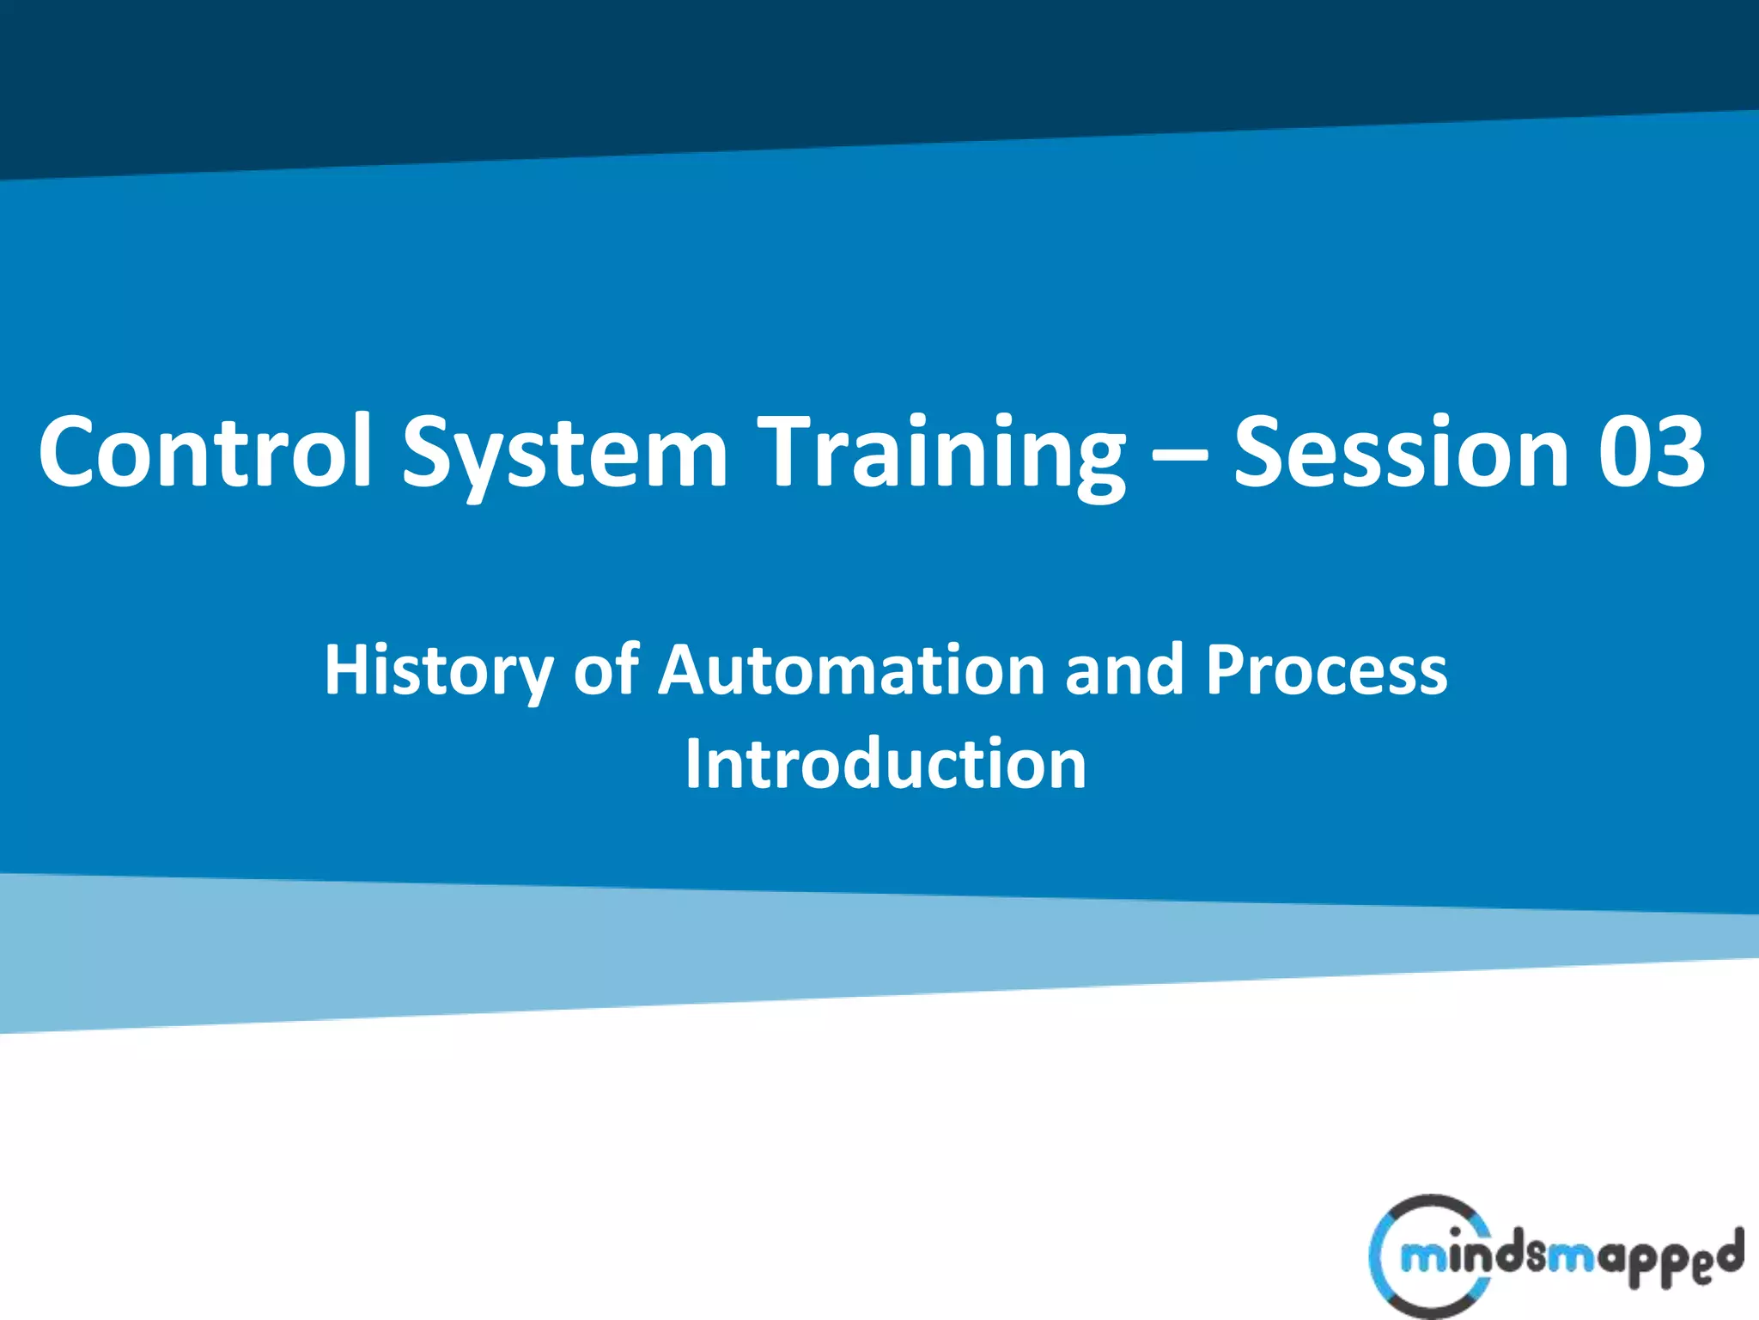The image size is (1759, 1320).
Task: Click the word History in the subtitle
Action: [x=438, y=671]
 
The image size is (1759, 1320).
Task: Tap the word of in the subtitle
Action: [x=606, y=669]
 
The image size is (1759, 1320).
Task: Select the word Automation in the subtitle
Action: [x=851, y=669]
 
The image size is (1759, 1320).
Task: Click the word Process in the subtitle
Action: [x=1326, y=669]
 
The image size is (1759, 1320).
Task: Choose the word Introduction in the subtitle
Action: [x=886, y=764]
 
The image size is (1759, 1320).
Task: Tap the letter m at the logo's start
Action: [x=1420, y=1259]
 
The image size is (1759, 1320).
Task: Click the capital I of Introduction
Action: [x=693, y=764]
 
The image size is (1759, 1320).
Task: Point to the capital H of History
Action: [x=350, y=669]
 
